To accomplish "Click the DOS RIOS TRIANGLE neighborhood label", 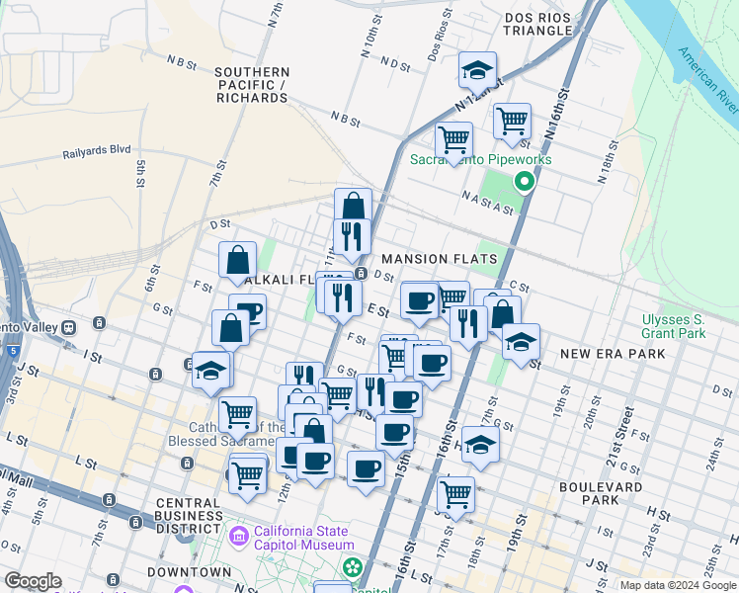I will (x=537, y=24).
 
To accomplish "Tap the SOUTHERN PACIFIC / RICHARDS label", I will (x=252, y=85).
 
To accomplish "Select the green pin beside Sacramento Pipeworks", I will (x=524, y=181).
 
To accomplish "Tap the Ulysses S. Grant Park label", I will (x=673, y=326).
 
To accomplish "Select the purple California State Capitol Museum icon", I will (x=238, y=537).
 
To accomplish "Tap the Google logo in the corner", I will (x=33, y=581).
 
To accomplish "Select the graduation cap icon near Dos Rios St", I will (x=477, y=70).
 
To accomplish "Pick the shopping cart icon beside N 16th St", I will (x=512, y=122).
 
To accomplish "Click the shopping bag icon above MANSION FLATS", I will (x=353, y=207).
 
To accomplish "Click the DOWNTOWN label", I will (x=189, y=572).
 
